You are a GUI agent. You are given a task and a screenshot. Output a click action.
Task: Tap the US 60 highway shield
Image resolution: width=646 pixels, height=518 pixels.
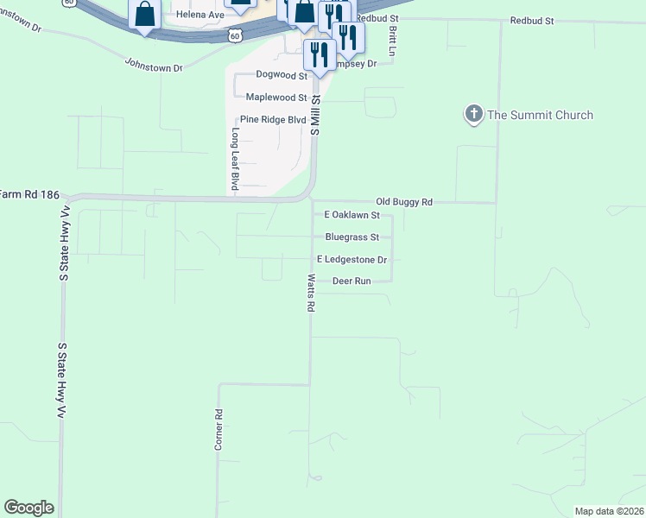click(x=235, y=35)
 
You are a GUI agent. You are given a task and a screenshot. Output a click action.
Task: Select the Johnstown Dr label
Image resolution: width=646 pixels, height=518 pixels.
click(x=154, y=66)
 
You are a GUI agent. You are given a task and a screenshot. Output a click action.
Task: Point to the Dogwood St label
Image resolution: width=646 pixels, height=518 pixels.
click(x=282, y=76)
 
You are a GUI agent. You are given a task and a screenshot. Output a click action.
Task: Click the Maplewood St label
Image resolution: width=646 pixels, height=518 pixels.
click(x=276, y=98)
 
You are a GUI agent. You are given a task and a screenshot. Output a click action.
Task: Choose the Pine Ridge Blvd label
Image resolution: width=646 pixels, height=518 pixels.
click(x=273, y=119)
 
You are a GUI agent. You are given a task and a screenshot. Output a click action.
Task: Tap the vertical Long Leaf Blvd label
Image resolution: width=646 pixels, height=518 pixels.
click(x=234, y=159)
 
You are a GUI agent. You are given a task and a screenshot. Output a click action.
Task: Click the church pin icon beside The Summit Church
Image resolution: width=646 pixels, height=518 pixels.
click(x=473, y=114)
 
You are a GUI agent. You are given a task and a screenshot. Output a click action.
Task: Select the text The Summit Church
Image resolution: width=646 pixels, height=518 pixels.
click(x=540, y=115)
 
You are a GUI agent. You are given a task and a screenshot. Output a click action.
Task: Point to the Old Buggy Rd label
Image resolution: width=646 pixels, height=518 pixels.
click(x=403, y=202)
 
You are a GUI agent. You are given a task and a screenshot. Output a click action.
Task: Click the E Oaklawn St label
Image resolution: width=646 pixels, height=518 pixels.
click(x=351, y=214)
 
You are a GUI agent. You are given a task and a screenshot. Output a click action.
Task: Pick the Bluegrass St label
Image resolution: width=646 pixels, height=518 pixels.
click(x=351, y=237)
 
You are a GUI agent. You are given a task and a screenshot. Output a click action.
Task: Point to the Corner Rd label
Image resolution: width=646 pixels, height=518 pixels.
click(x=218, y=429)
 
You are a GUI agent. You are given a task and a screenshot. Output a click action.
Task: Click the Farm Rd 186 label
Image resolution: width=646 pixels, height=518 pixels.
click(x=29, y=195)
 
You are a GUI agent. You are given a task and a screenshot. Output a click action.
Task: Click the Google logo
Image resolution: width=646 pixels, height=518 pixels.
click(x=28, y=508)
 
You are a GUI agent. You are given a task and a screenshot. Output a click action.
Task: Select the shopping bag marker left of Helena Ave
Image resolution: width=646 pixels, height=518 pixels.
click(x=144, y=15)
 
